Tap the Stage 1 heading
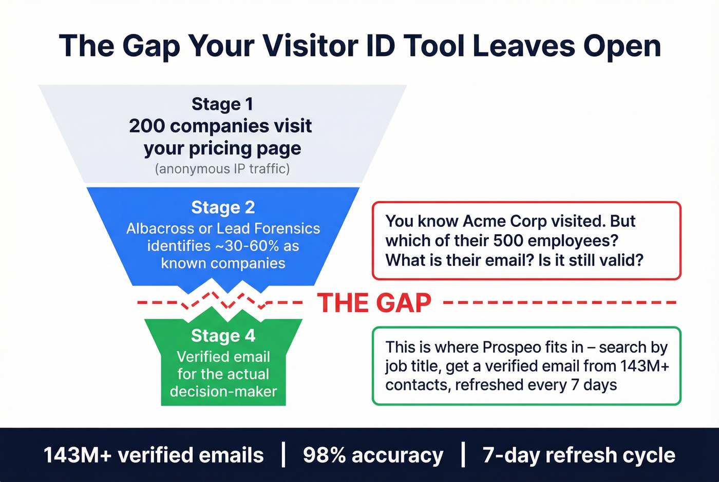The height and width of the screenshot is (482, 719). (222, 104)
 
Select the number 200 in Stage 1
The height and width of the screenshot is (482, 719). (146, 126)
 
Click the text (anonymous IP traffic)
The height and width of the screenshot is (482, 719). (222, 169)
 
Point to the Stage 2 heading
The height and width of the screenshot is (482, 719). (223, 207)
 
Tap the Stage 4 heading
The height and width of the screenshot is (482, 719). (223, 336)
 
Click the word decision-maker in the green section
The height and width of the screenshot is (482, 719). (223, 392)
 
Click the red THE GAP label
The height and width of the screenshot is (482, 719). (374, 303)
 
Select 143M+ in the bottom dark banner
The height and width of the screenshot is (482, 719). (77, 455)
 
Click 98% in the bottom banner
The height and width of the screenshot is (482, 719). (324, 455)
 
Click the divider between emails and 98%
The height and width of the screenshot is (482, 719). (283, 455)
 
